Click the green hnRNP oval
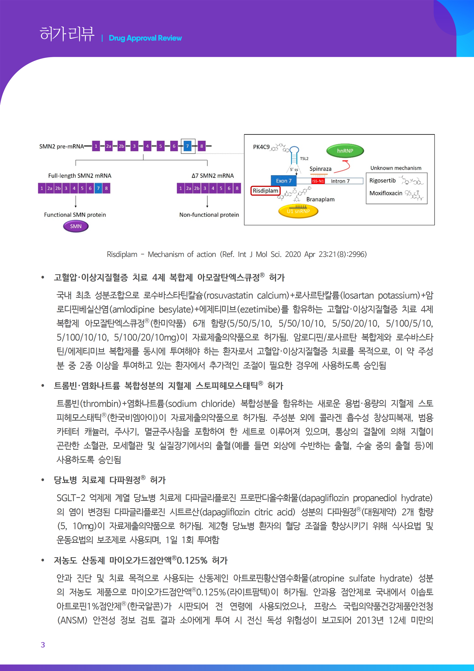pyautogui.click(x=345, y=151)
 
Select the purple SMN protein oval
pyautogui.click(x=76, y=226)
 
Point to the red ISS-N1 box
pyautogui.click(x=318, y=181)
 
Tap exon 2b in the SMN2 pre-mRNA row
pyautogui.click(x=121, y=146)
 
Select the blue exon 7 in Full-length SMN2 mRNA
pyautogui.click(x=98, y=188)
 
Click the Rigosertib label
pyautogui.click(x=382, y=181)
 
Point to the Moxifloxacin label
pyautogui.click(x=386, y=193)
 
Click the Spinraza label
pyautogui.click(x=320, y=169)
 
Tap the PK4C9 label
pyautogui.click(x=261, y=147)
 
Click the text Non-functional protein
pyautogui.click(x=209, y=215)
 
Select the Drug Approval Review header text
pyautogui.click(x=145, y=38)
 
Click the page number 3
pyautogui.click(x=43, y=645)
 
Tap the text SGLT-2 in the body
pyautogui.click(x=71, y=498)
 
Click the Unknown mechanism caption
pyautogui.click(x=396, y=168)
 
